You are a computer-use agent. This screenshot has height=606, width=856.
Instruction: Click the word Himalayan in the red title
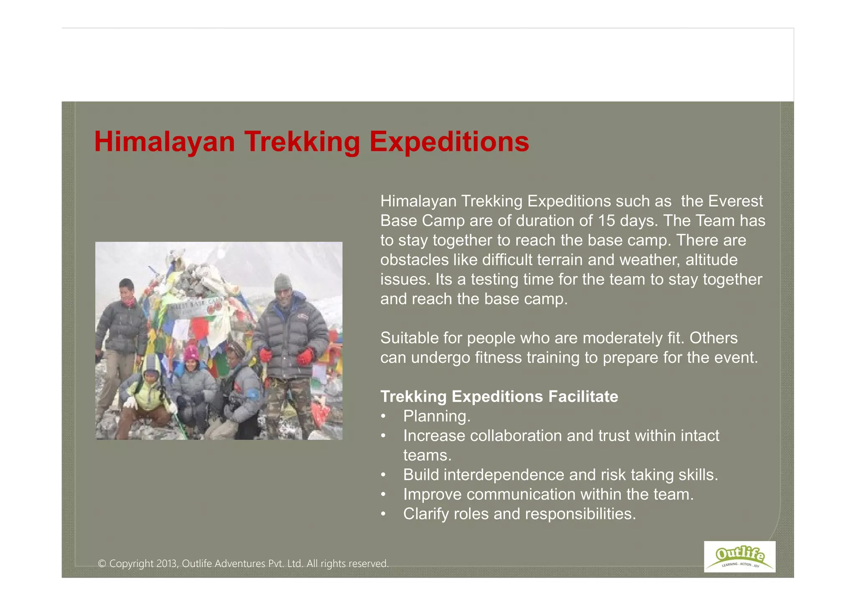tap(165, 142)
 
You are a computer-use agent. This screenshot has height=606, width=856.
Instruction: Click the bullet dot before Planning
tap(383, 417)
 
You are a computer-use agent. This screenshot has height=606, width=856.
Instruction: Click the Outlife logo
tap(739, 557)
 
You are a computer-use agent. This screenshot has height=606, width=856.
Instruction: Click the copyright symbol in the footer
tap(102, 564)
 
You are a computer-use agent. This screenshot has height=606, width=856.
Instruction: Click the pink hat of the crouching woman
tap(191, 353)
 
